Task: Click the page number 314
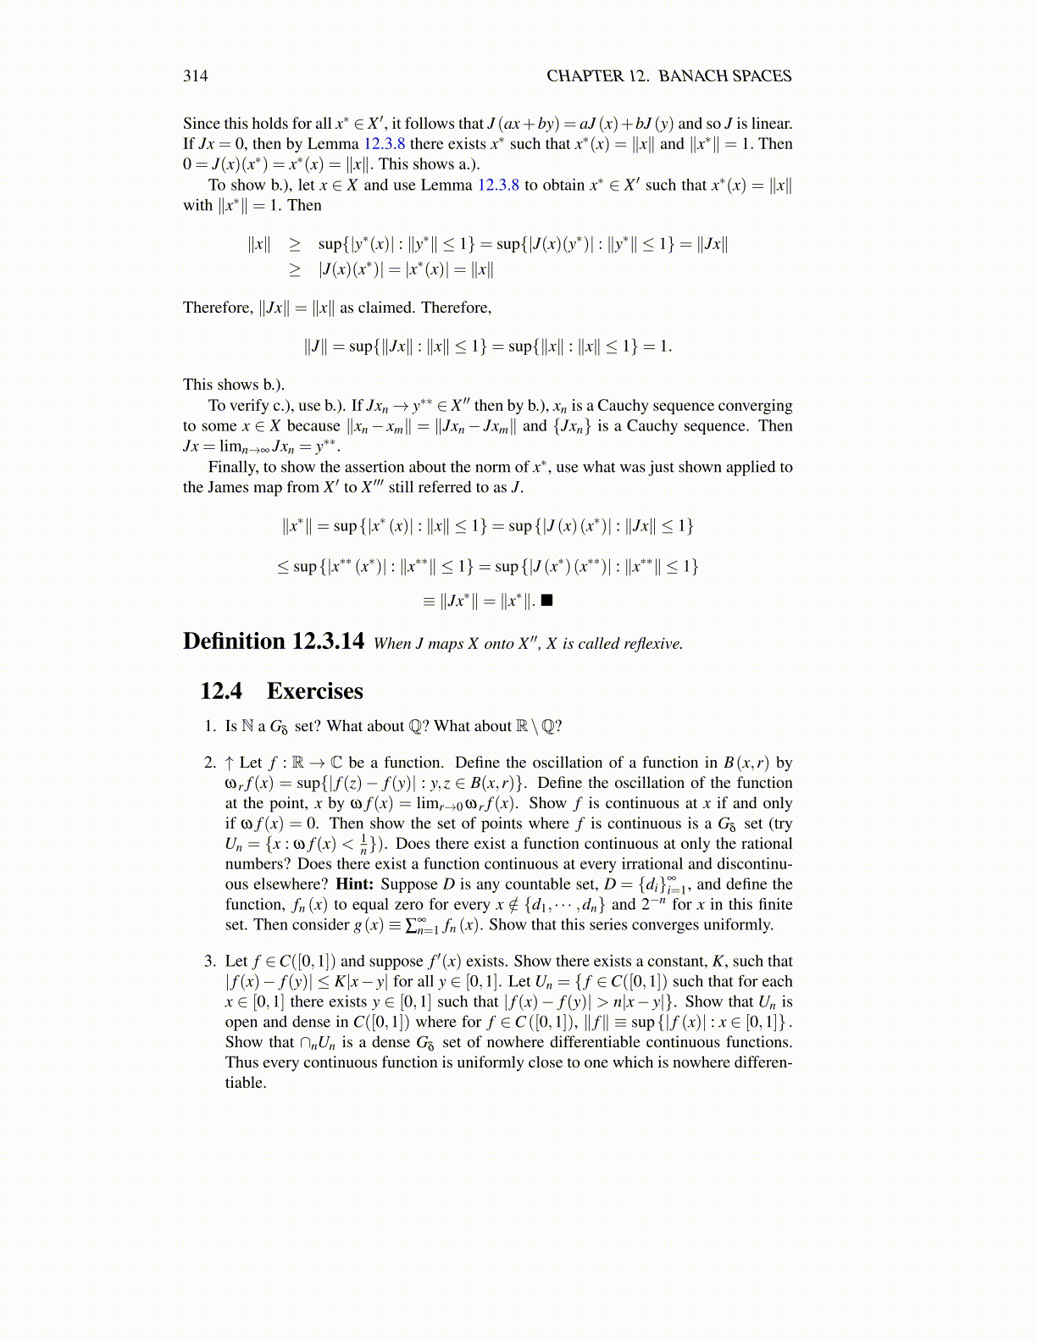195,76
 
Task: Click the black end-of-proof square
546,601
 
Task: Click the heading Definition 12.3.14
273,641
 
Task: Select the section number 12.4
220,691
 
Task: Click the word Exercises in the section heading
314,691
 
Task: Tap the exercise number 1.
209,726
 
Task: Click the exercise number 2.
209,762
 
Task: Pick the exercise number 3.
209,961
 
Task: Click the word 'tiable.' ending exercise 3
246,1083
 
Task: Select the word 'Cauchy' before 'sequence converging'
624,406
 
